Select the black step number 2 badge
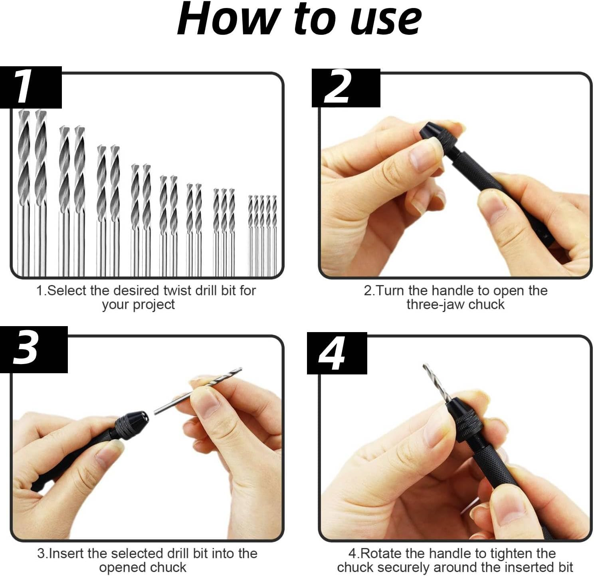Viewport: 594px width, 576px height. coord(346,88)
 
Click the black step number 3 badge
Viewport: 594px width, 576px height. coord(34,349)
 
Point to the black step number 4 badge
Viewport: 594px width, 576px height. coord(337,353)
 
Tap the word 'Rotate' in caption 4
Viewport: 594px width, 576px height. coord(380,553)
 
